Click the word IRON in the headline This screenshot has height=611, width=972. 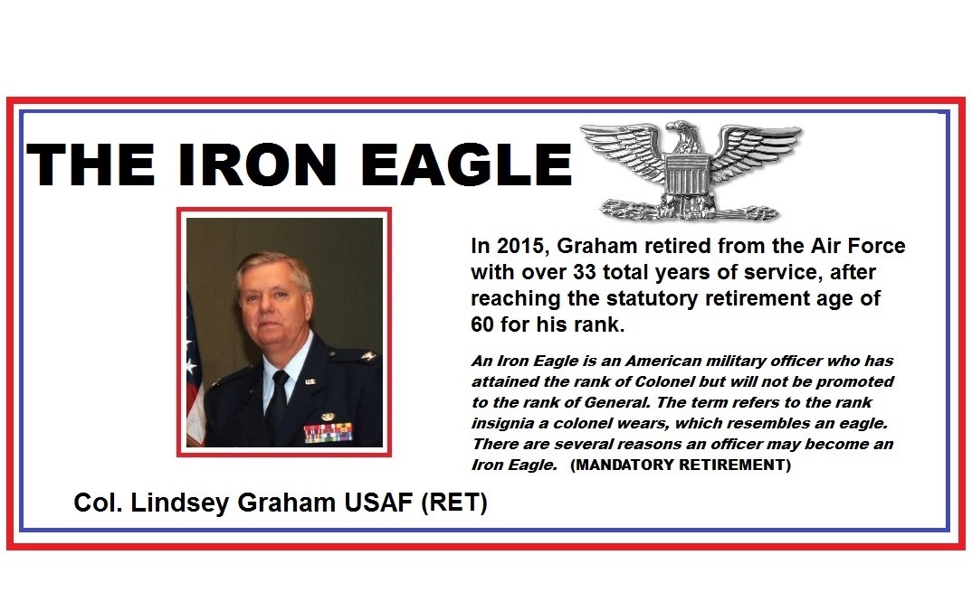coord(257,164)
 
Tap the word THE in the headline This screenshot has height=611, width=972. coord(90,164)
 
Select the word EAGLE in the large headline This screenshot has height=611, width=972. coord(465,164)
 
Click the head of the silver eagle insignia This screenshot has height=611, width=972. coord(683,134)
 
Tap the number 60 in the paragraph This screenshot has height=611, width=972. coord(483,324)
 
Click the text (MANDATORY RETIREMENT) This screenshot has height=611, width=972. coord(681,465)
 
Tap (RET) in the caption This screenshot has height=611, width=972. coord(454,503)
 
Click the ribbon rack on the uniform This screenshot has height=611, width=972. coord(329,431)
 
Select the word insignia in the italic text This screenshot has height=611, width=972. coord(500,423)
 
